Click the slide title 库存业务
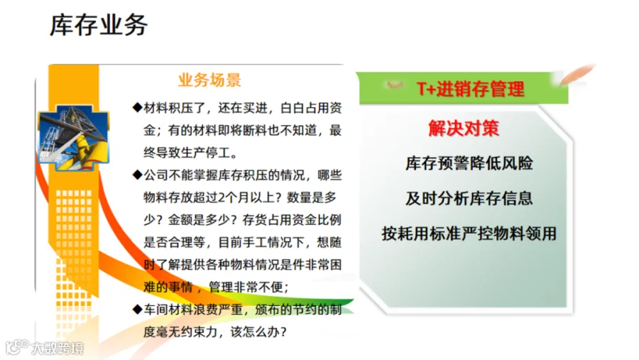pyautogui.click(x=98, y=25)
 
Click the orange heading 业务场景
pyautogui.click(x=209, y=80)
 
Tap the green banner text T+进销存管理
pyautogui.click(x=470, y=89)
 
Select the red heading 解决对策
pyautogui.click(x=464, y=128)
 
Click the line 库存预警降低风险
pyautogui.click(x=469, y=163)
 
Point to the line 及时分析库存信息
pyautogui.click(x=469, y=199)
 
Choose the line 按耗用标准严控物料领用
pyautogui.click(x=469, y=234)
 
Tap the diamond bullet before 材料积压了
pyautogui.click(x=137, y=108)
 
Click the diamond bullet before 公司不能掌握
pyautogui.click(x=137, y=175)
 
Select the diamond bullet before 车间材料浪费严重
pyautogui.click(x=137, y=310)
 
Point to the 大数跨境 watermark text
pyautogui.click(x=58, y=348)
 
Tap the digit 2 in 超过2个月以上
pyautogui.click(x=222, y=197)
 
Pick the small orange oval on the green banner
pyautogui.click(x=395, y=84)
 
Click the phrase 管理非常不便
pyautogui.click(x=245, y=287)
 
